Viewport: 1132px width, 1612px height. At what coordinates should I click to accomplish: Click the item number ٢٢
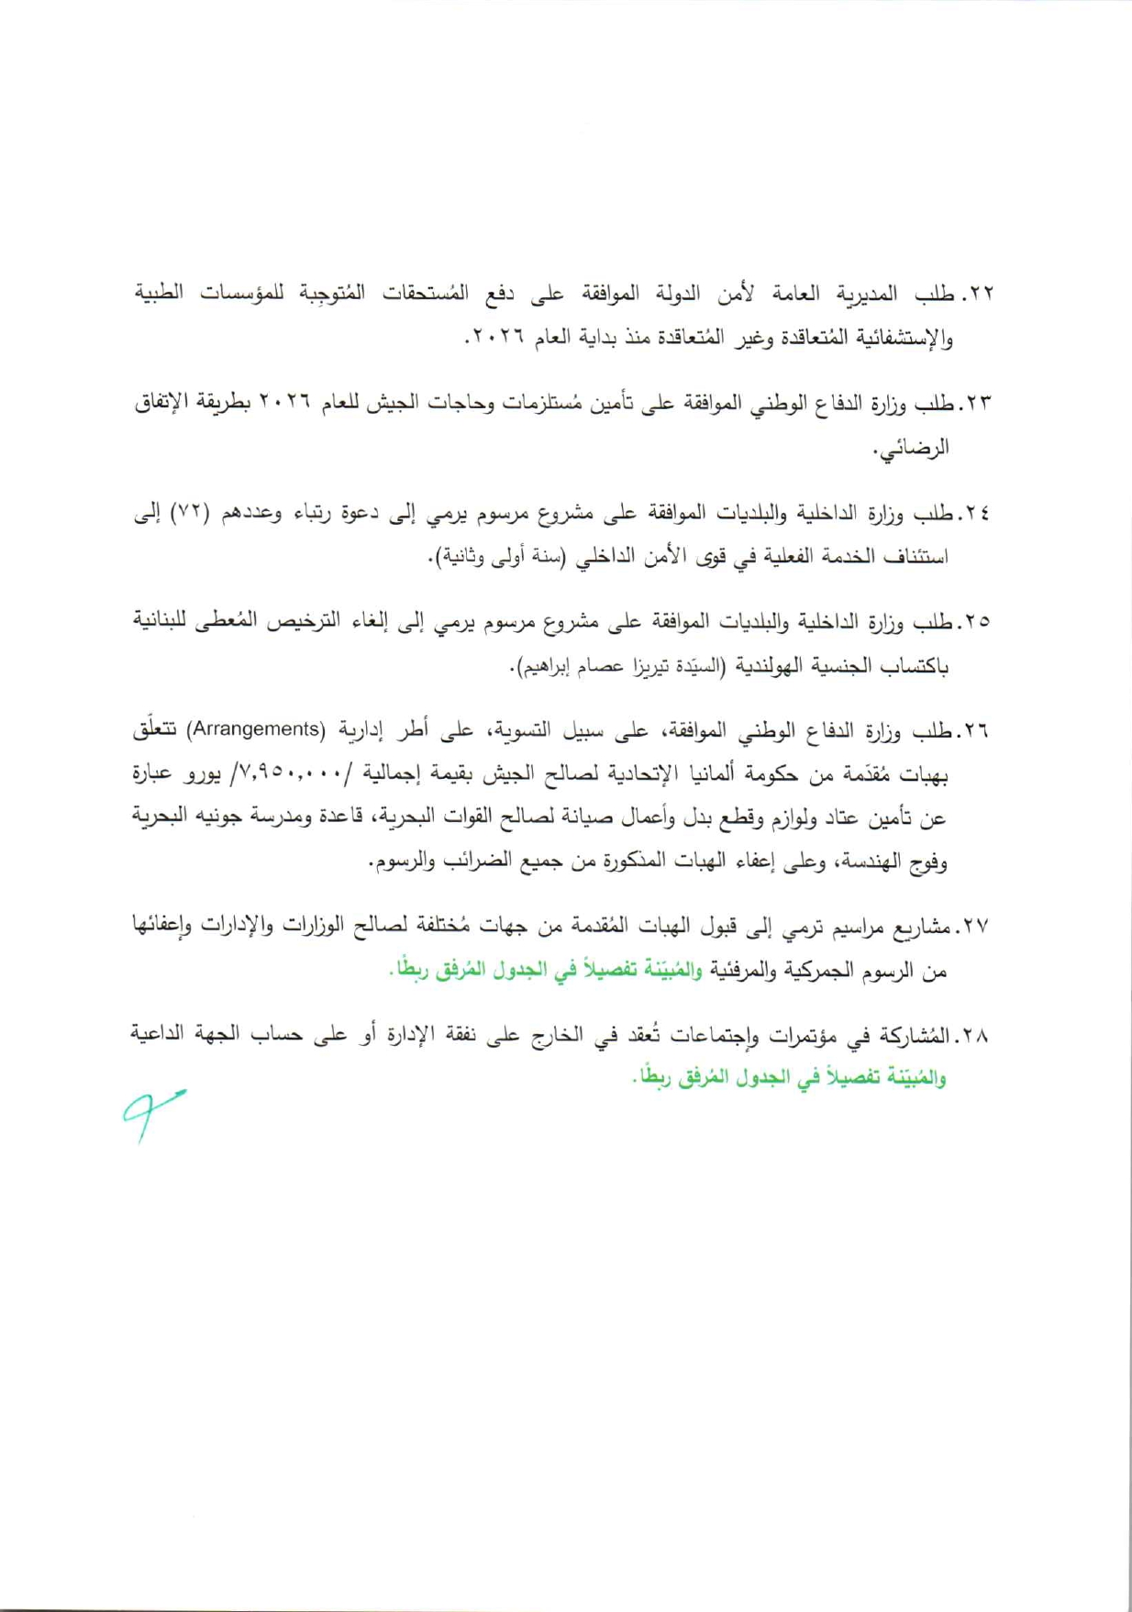pos(981,295)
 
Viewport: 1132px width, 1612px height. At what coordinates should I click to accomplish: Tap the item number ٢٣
pos(980,404)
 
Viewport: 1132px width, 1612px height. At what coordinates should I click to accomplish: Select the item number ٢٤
pos(980,514)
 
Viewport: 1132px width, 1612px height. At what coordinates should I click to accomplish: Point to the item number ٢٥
pos(980,622)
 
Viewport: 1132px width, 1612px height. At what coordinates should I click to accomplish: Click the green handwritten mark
pos(151,1113)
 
